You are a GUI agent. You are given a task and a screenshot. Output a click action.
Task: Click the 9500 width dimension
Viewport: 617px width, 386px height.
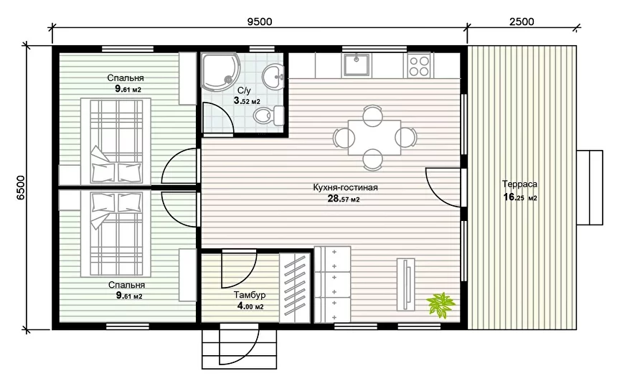[x=259, y=22]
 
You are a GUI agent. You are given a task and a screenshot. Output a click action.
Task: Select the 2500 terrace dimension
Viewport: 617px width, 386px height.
[x=522, y=22]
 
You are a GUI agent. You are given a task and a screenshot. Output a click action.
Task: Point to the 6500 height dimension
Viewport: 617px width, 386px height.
[x=20, y=188]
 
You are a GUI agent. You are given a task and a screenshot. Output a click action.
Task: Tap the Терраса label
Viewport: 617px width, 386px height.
[x=520, y=184]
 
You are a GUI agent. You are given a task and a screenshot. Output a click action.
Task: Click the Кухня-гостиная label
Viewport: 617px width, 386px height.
[x=346, y=187]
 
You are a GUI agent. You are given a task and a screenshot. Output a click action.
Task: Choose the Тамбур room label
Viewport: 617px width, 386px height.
[x=250, y=295]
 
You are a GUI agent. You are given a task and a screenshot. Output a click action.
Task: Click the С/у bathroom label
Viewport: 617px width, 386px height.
[x=244, y=91]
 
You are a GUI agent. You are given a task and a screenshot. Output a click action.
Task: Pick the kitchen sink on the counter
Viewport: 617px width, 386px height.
[x=357, y=65]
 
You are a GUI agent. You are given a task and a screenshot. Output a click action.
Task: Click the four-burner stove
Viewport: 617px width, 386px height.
[x=419, y=66]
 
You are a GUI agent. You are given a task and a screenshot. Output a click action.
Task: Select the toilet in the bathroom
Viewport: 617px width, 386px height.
[x=269, y=116]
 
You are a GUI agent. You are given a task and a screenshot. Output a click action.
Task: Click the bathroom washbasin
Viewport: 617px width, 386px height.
[x=273, y=75]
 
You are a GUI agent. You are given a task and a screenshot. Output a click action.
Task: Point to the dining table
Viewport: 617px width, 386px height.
[x=375, y=138]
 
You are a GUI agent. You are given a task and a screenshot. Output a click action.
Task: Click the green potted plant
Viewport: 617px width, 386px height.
[x=441, y=304]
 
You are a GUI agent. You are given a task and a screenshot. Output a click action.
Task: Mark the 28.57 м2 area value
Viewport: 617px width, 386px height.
[x=344, y=199]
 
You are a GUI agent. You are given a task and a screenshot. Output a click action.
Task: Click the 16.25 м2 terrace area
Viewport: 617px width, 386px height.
[x=520, y=197]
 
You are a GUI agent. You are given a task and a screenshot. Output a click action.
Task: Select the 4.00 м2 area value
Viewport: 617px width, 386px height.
[x=250, y=306]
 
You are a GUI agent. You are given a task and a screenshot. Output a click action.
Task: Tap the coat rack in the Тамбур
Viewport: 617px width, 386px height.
[x=295, y=288]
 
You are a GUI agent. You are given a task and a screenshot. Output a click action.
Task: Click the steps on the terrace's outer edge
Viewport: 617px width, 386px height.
[x=590, y=187]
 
